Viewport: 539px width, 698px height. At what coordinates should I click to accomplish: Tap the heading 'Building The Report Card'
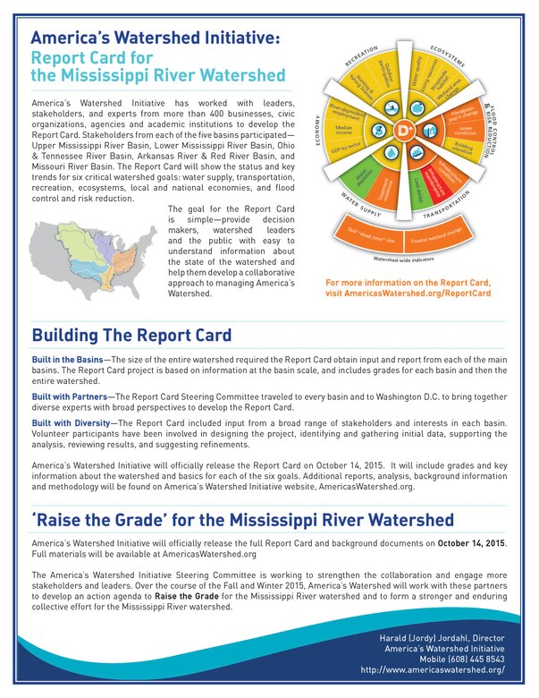click(131, 336)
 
